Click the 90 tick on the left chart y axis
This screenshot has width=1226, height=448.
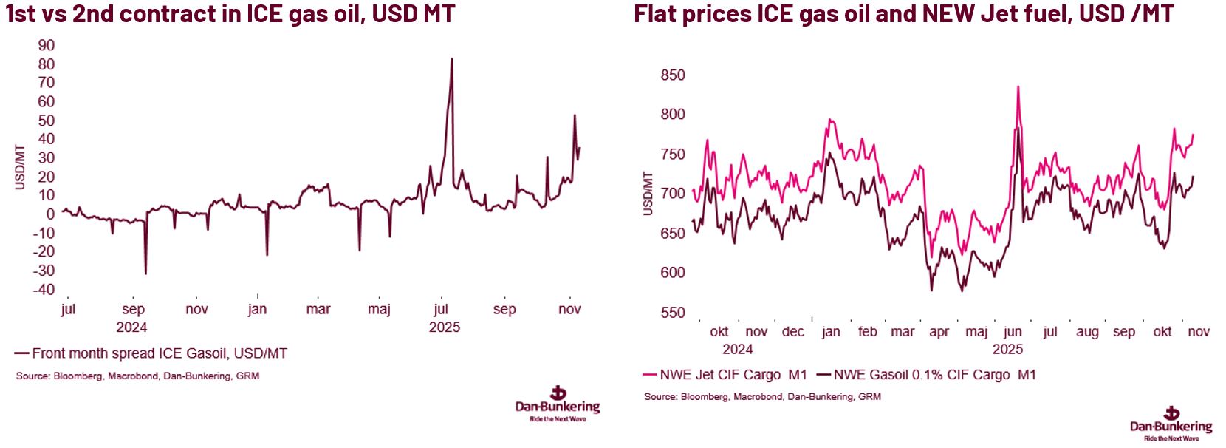click(47, 46)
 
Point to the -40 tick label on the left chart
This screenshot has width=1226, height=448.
click(44, 290)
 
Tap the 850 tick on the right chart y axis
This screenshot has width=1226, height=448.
click(673, 75)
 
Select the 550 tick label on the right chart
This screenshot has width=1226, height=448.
click(673, 313)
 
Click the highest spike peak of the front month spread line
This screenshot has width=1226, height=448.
click(452, 59)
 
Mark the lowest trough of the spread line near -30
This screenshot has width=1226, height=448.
click(145, 274)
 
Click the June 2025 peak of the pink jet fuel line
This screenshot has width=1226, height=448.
click(1018, 86)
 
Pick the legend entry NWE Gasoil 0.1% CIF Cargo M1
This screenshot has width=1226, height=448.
click(934, 375)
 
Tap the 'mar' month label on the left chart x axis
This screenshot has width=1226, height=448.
click(318, 309)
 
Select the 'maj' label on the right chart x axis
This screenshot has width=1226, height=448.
click(976, 332)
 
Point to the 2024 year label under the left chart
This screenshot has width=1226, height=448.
click(131, 327)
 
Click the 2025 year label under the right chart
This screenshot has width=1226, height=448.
click(1007, 349)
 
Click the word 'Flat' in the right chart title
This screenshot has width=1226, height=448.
click(657, 13)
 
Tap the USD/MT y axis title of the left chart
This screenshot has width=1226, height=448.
click(20, 167)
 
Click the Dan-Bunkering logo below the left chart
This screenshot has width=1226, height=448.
click(558, 403)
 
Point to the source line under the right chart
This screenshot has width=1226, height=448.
click(762, 396)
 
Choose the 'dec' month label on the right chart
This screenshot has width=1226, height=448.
click(792, 332)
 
